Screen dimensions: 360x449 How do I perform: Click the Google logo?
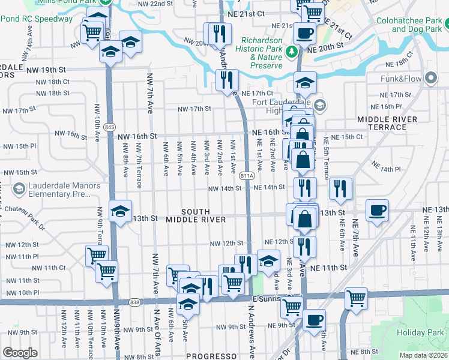tap(20, 353)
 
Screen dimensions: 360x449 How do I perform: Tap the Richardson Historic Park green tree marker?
tap(292, 52)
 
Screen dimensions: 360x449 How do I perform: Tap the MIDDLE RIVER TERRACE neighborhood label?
tap(387, 124)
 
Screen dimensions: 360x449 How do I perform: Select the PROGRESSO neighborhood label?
tap(208, 356)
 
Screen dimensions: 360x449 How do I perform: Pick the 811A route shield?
tap(246, 176)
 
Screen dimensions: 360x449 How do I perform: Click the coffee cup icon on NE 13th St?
tap(377, 211)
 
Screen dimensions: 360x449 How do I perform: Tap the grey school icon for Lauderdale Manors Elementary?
tap(19, 189)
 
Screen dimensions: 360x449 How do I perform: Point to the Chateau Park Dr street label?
tap(23, 218)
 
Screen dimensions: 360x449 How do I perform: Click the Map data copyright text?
tap(423, 354)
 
